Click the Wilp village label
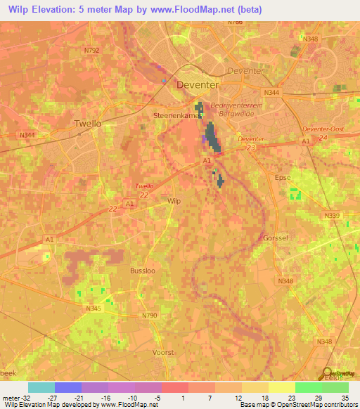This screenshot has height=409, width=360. pyautogui.click(x=174, y=200)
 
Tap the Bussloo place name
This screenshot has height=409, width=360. pyautogui.click(x=142, y=271)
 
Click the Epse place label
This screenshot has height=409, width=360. pyautogui.click(x=283, y=178)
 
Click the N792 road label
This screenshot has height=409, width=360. pyautogui.click(x=92, y=51)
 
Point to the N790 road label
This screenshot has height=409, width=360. pyautogui.click(x=150, y=315)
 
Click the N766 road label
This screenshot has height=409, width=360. pyautogui.click(x=235, y=22)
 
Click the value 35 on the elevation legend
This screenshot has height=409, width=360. pyautogui.click(x=345, y=397)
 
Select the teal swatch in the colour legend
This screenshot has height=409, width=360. pyautogui.click(x=41, y=387)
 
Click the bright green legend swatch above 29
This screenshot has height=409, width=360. pyautogui.click(x=309, y=387)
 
